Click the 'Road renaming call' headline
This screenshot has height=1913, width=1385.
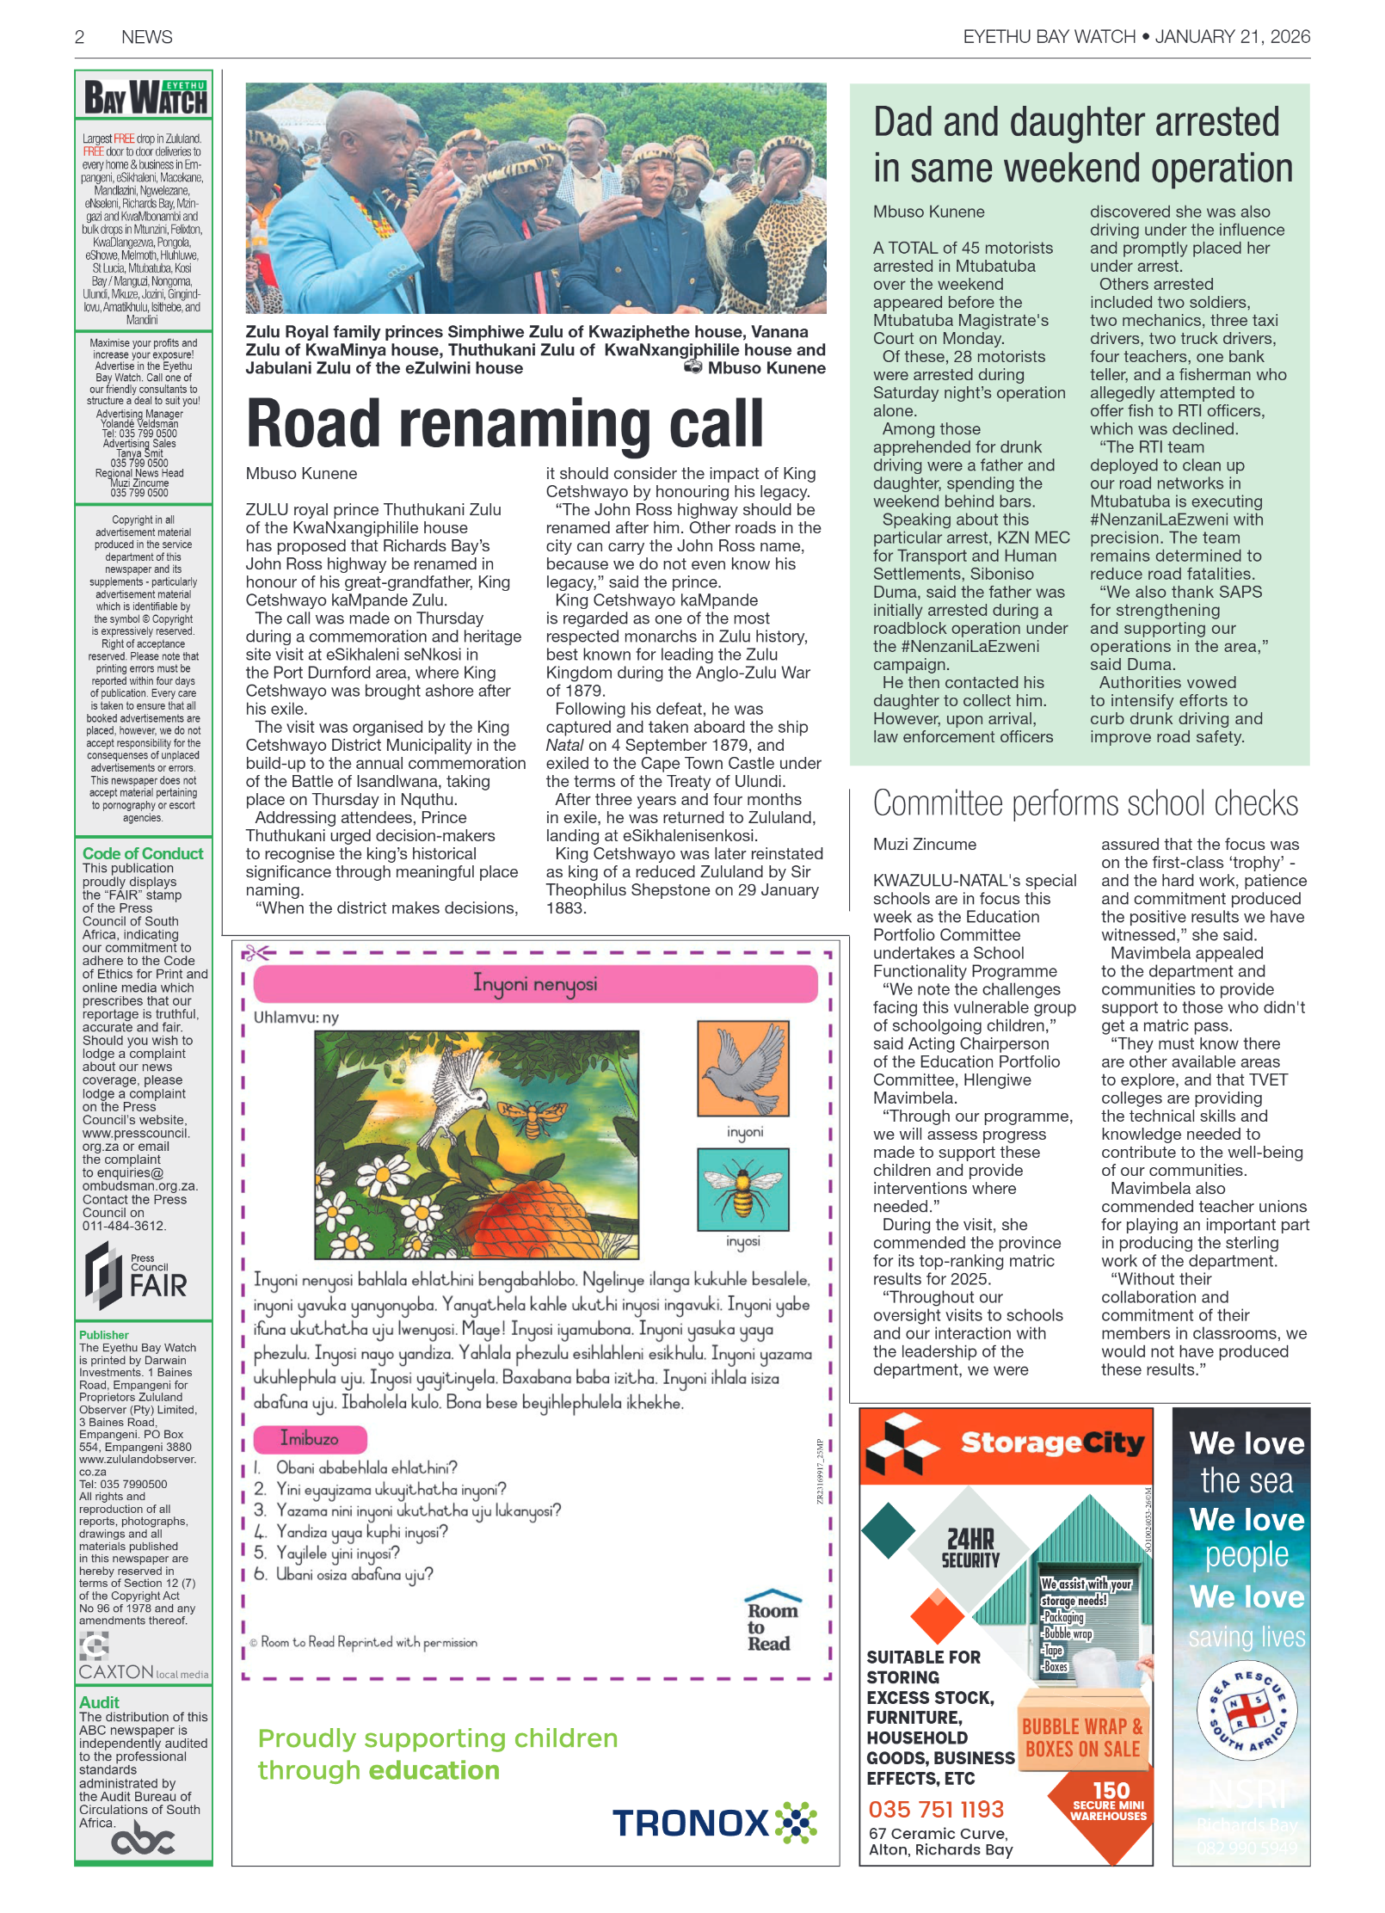pos(505,423)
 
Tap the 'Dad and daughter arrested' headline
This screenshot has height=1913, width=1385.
pos(1082,145)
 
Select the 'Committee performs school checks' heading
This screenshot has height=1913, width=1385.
pos(1085,803)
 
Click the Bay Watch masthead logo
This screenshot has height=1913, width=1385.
pos(145,97)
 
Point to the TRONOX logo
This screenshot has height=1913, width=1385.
pos(714,1822)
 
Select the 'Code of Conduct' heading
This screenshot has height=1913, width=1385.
pos(143,853)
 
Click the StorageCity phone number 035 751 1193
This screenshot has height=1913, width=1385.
pos(936,1809)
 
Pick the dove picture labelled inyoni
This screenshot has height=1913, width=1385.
pos(743,1068)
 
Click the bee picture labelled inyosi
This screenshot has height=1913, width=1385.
pos(743,1190)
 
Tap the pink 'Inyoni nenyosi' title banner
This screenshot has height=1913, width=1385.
pos(535,983)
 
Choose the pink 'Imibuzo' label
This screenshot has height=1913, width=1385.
pos(310,1438)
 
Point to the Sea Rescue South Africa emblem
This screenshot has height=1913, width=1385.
pos(1246,1713)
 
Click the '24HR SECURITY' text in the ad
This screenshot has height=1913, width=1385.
pos(970,1548)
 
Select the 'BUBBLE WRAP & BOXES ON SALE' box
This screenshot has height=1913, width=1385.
pos(1082,1738)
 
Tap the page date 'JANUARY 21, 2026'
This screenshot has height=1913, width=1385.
pos(1232,36)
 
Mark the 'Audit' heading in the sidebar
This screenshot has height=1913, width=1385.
pos(100,1702)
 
